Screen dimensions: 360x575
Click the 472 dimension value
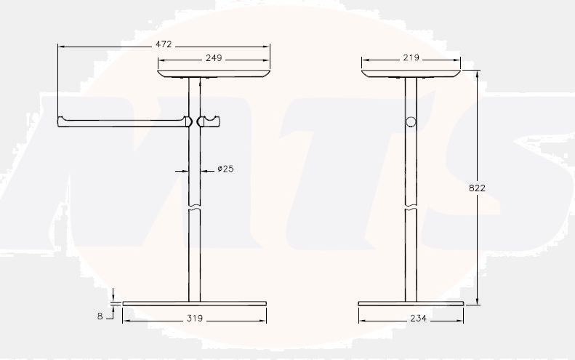tap(164, 45)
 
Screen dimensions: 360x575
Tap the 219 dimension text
tap(411, 58)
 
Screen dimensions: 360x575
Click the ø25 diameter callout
tap(225, 169)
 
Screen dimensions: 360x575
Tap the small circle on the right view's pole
tap(411, 121)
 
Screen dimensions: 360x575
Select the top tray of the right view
tap(411, 72)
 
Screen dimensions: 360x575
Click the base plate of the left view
tap(195, 303)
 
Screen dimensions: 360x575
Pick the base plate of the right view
tap(411, 303)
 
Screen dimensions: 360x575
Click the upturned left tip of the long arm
tap(60, 119)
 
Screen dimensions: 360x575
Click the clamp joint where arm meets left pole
tap(190, 121)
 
